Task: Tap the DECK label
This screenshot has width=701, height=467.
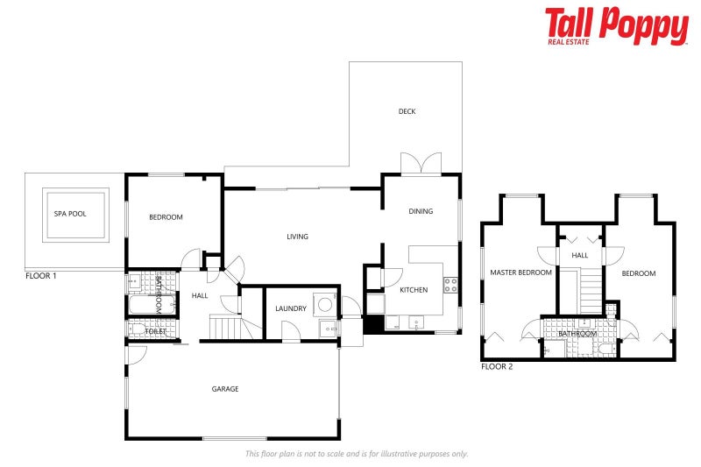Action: click(407, 111)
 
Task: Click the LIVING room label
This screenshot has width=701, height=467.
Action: click(297, 237)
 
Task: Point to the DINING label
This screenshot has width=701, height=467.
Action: click(421, 211)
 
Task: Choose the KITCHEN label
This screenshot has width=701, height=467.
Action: click(414, 289)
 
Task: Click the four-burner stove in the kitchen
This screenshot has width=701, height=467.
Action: click(450, 285)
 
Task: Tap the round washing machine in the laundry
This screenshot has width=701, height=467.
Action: click(325, 304)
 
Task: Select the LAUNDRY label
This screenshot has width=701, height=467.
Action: click(290, 308)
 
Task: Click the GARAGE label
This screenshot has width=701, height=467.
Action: click(225, 389)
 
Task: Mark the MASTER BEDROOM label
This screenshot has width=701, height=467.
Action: click(520, 273)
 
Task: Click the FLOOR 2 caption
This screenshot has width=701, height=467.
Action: click(497, 366)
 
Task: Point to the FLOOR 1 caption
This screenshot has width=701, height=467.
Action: click(41, 276)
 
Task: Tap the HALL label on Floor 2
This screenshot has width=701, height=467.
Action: click(580, 256)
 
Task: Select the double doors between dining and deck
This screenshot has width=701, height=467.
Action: click(421, 165)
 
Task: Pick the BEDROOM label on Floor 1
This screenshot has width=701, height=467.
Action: click(166, 217)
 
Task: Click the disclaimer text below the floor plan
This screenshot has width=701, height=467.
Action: click(357, 454)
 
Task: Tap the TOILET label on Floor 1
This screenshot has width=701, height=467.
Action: click(155, 331)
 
